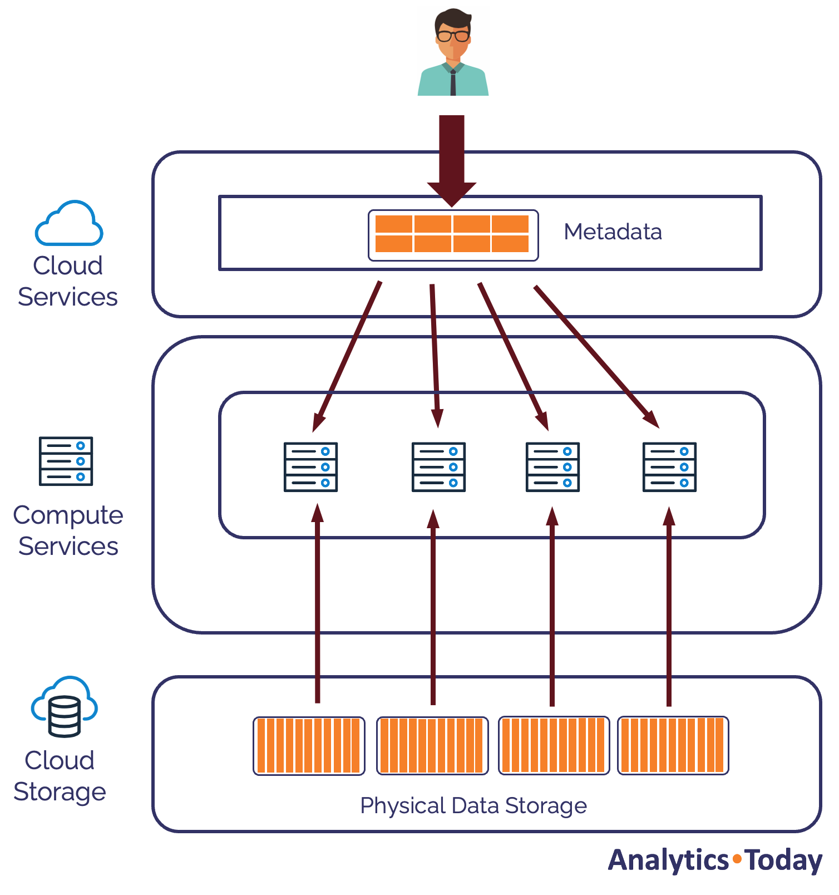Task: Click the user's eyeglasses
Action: click(453, 36)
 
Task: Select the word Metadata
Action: click(613, 232)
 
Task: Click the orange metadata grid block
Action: click(452, 234)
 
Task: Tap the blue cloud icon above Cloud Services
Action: click(69, 224)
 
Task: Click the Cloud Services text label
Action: click(68, 281)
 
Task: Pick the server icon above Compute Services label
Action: click(66, 461)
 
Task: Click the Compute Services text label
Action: click(68, 530)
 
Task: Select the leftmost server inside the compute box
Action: click(310, 467)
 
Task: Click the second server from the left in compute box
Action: click(438, 467)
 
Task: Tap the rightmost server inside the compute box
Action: click(669, 467)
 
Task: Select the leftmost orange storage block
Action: click(309, 746)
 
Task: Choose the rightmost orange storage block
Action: click(673, 745)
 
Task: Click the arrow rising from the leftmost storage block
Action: click(318, 607)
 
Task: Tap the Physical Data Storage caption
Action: click(473, 806)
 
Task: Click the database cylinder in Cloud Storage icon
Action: click(65, 716)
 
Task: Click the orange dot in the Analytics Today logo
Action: click(737, 859)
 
